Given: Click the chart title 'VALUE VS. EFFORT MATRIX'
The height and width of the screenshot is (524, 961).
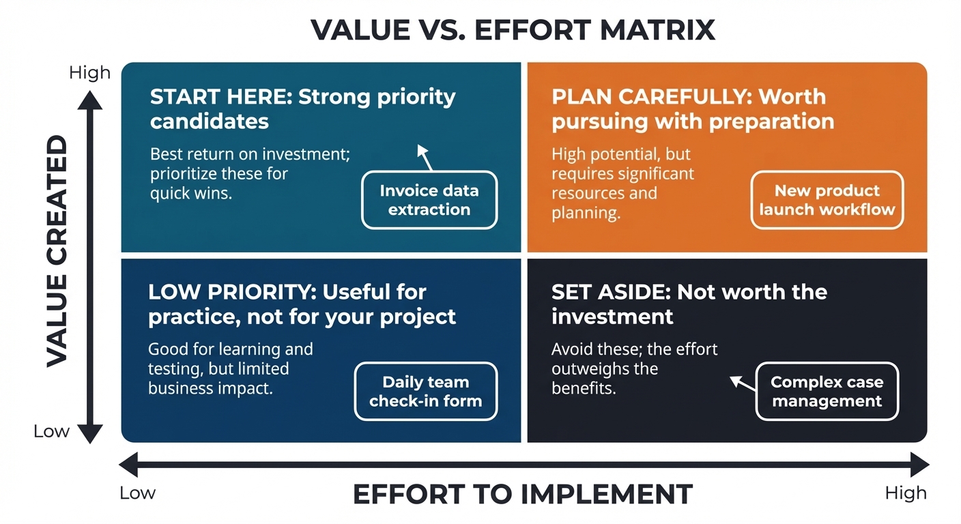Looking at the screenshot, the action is (x=513, y=30).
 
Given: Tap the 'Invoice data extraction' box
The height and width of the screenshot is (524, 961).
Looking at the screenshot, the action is (x=429, y=200).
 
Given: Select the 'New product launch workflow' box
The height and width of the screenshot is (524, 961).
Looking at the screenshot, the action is (x=827, y=200).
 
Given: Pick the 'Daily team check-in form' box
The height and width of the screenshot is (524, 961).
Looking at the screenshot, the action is (x=426, y=391).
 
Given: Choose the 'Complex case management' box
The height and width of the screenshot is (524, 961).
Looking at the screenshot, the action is (x=827, y=391).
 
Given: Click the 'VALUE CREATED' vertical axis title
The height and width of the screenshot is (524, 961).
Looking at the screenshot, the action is (x=57, y=251).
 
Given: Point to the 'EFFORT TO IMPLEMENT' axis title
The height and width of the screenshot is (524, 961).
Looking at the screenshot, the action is (x=523, y=494).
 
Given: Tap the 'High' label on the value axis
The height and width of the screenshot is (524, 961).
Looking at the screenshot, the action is (x=89, y=72).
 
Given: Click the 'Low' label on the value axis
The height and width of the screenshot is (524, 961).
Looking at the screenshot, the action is (x=51, y=431).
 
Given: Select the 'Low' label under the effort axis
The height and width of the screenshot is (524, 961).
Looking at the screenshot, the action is (x=137, y=493).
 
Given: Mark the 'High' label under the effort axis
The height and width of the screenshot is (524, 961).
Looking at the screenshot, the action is (x=906, y=493).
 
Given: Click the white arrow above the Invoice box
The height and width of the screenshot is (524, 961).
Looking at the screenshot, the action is (x=425, y=158).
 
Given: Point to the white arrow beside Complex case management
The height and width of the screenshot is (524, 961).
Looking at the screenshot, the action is (x=743, y=383).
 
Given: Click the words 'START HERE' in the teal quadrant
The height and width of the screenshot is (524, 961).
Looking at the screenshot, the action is (x=221, y=97).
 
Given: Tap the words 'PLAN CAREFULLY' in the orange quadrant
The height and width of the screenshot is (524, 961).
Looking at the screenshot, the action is (x=652, y=97).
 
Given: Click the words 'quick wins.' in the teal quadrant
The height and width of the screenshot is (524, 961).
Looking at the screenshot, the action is (x=191, y=193).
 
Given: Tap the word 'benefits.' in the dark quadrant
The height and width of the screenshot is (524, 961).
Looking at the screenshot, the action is (x=584, y=388).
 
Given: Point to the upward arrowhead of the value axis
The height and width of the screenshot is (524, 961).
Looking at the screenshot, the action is (x=90, y=100).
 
